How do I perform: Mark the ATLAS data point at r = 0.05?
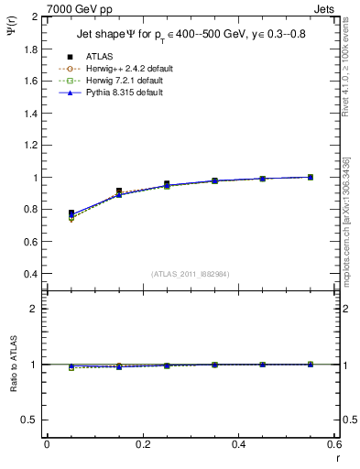(71, 213)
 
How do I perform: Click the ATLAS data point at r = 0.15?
(119, 191)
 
